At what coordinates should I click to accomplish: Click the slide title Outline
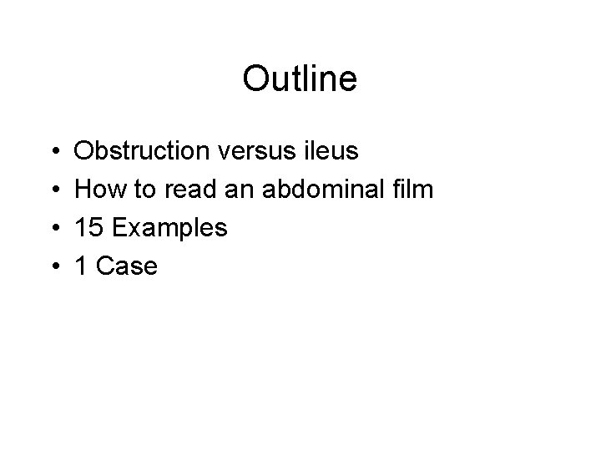coord(300,79)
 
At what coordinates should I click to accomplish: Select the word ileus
coord(336,151)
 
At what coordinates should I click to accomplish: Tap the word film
coord(413,190)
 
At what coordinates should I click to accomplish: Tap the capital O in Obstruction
coord(85,151)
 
